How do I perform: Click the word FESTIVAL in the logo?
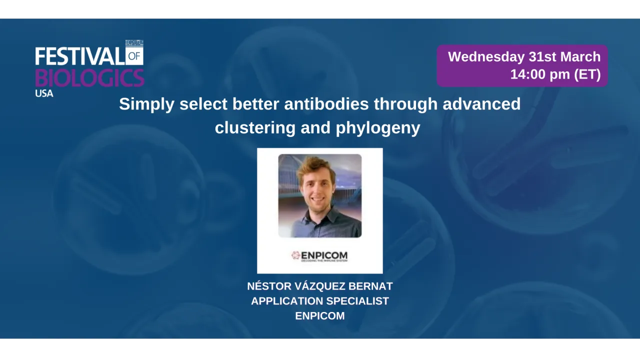[x=79, y=56]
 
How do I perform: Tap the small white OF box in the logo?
[x=134, y=56]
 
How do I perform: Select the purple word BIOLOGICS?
[x=89, y=78]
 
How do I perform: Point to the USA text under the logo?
[x=44, y=93]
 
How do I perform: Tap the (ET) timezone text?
[x=587, y=74]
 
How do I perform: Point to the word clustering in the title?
[x=255, y=128]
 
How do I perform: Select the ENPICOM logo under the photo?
[x=320, y=256]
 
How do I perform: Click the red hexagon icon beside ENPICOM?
[x=295, y=255]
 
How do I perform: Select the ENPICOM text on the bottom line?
[x=320, y=316]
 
